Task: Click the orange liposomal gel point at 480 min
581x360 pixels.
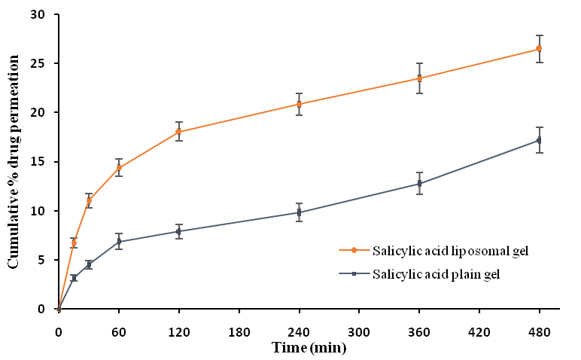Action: pyautogui.click(x=539, y=48)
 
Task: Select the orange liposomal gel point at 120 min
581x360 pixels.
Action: pyautogui.click(x=178, y=131)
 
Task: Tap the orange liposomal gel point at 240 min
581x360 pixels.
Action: pyautogui.click(x=299, y=104)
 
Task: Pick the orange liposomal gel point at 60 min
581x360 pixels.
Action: pyautogui.click(x=119, y=168)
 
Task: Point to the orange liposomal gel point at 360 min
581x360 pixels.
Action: pyautogui.click(x=419, y=78)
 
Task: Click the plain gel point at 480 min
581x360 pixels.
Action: pyautogui.click(x=539, y=140)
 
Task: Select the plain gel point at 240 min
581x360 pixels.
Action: pyautogui.click(x=299, y=212)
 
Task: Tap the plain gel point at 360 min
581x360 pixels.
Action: pyautogui.click(x=419, y=184)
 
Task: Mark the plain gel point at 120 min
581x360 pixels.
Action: pyautogui.click(x=178, y=231)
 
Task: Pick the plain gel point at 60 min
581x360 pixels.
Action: pyautogui.click(x=119, y=241)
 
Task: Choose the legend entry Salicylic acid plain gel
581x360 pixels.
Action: pyautogui.click(x=425, y=274)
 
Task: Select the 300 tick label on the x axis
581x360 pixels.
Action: pyautogui.click(x=359, y=330)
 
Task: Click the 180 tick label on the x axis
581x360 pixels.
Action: pyautogui.click(x=239, y=330)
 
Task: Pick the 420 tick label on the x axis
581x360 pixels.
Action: pyautogui.click(x=479, y=330)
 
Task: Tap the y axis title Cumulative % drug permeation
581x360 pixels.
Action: pyautogui.click(x=14, y=161)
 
